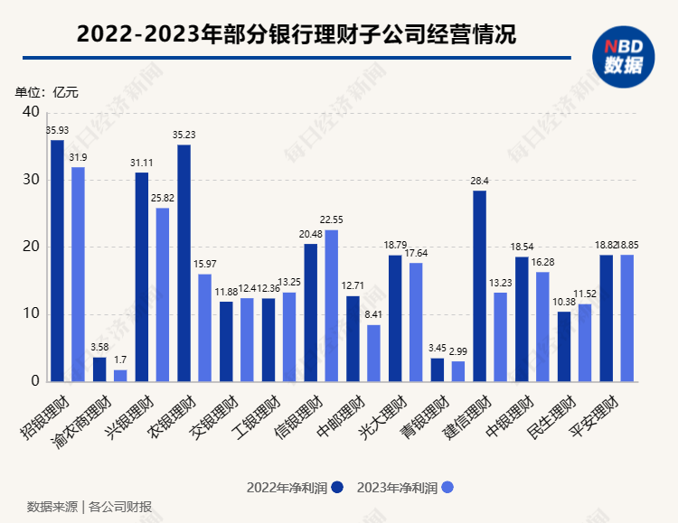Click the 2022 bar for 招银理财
point(57,261)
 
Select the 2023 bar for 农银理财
point(204,328)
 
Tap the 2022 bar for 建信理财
point(479,286)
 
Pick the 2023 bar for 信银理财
point(331,305)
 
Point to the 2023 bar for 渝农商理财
point(120,376)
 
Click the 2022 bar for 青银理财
point(437,370)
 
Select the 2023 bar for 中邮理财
point(373,353)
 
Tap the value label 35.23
point(184,135)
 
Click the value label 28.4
point(479,181)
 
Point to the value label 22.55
point(332,219)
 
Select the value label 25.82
point(163,198)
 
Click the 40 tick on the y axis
point(32,112)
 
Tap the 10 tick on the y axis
point(32,314)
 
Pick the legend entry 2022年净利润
point(295,487)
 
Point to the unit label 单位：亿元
point(47,92)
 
